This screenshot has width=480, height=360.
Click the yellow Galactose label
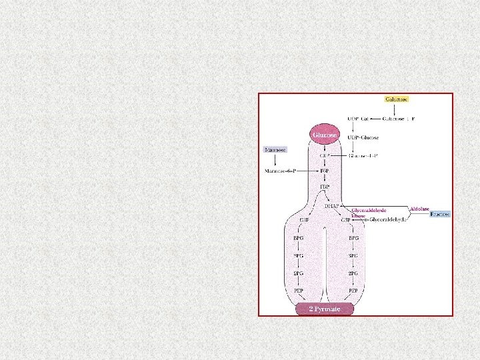point(396,99)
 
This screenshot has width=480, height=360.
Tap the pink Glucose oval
point(325,134)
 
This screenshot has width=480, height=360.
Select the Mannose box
point(275,150)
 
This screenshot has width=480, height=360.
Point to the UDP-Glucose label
point(363,137)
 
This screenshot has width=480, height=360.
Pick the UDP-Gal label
point(359,119)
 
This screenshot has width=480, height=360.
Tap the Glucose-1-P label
point(363,156)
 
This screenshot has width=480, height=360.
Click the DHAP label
point(332,207)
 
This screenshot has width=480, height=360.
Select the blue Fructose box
point(440,214)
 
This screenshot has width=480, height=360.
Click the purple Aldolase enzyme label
point(419,209)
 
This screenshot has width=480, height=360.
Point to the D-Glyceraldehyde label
point(387,219)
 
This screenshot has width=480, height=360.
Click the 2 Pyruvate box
point(325,309)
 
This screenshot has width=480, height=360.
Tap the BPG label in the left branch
point(299,237)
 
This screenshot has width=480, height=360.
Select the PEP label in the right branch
point(353,291)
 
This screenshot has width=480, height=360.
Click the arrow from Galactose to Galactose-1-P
point(396,109)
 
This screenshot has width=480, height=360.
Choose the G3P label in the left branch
point(303,219)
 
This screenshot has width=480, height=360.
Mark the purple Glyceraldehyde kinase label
point(368,212)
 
